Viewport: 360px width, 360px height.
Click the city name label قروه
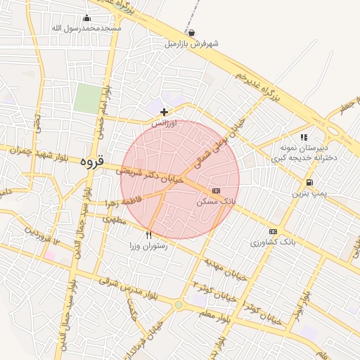pos(91,161)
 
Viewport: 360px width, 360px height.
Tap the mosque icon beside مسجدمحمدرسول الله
pos(87,18)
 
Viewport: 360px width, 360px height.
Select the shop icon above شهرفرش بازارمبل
pos(192,32)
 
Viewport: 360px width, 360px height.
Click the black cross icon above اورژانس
pos(164,112)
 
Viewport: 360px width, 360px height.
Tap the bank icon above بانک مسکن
pos(216,191)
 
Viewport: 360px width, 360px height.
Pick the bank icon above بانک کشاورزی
pos(273,231)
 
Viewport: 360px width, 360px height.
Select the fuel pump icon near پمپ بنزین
pos(310,181)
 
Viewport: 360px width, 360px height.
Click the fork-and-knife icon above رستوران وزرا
pos(148,235)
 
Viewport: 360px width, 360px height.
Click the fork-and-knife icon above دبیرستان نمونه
pos(304,137)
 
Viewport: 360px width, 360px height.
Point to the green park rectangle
pos(88,98)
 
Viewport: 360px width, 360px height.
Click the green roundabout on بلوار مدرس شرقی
pos(179,304)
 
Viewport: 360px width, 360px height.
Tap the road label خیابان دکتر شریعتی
pos(150,175)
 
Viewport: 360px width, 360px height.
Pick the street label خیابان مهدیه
pos(226,269)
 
